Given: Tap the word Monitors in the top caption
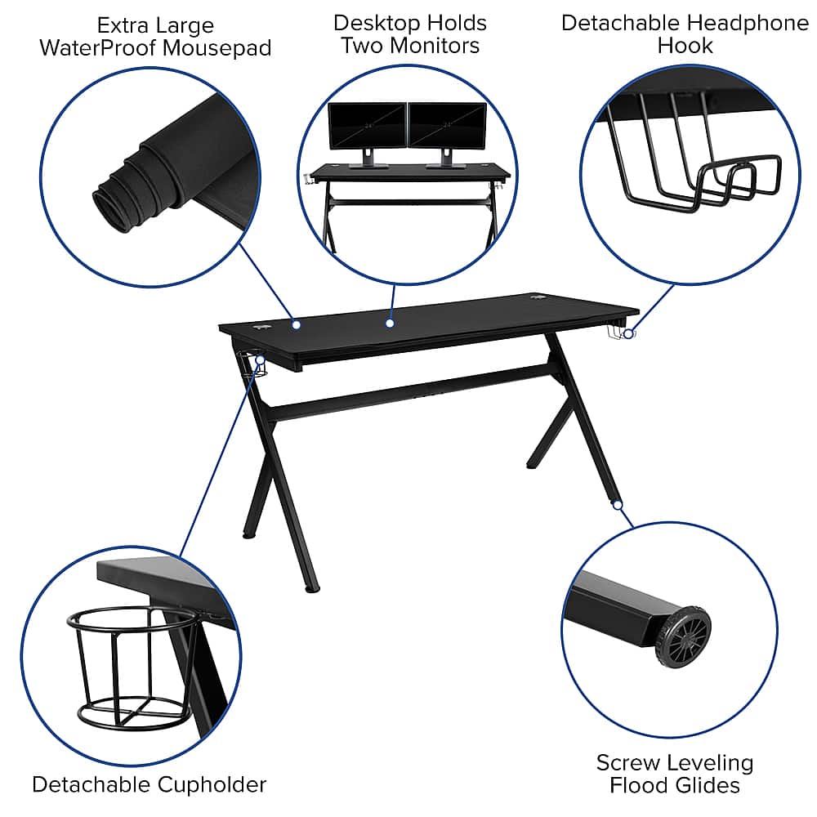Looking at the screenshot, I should coord(445,45).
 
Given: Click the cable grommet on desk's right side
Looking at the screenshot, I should coord(538,299).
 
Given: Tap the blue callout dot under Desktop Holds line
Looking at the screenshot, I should coord(390,324).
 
